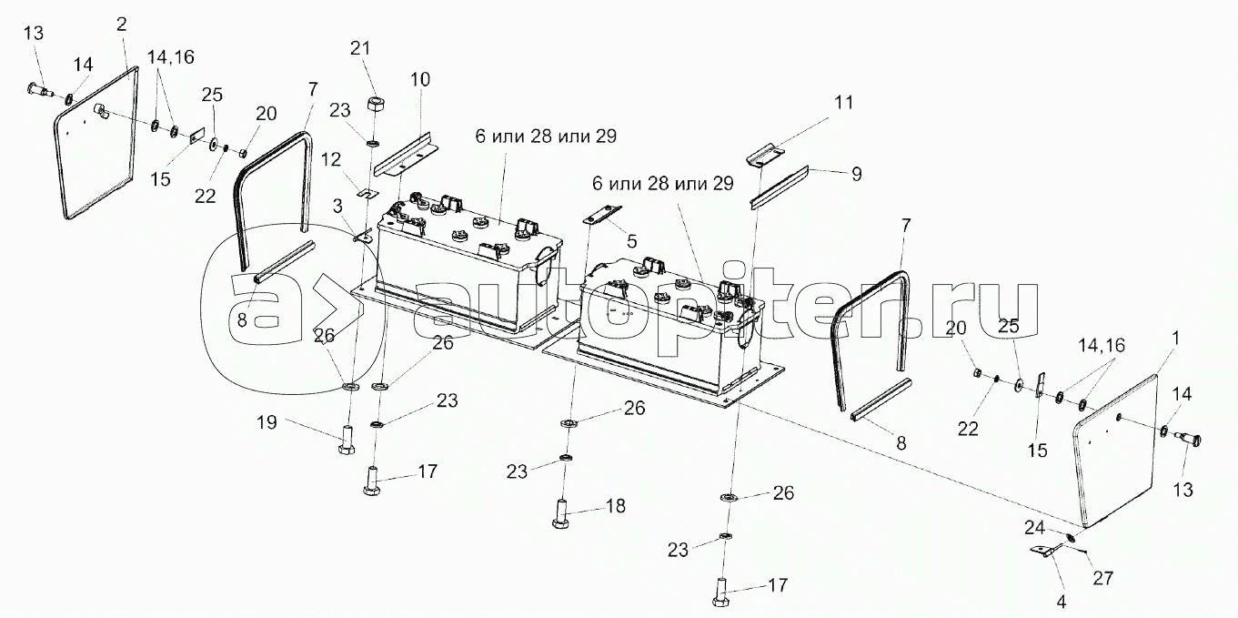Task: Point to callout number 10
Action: coord(418,80)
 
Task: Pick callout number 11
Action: coord(844,102)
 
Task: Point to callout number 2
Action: coord(121,24)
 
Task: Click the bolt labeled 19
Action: coord(347,441)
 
